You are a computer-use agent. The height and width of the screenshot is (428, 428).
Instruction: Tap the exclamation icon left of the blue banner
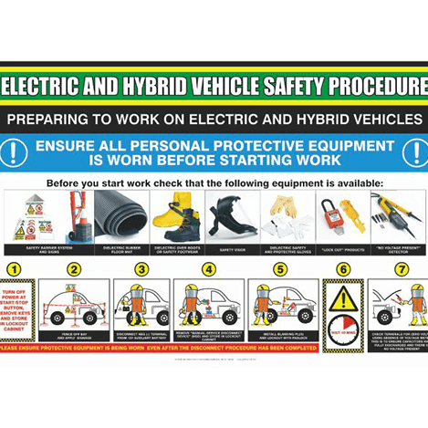(x=16, y=152)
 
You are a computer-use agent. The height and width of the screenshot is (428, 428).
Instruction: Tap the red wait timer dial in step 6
(x=343, y=330)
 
